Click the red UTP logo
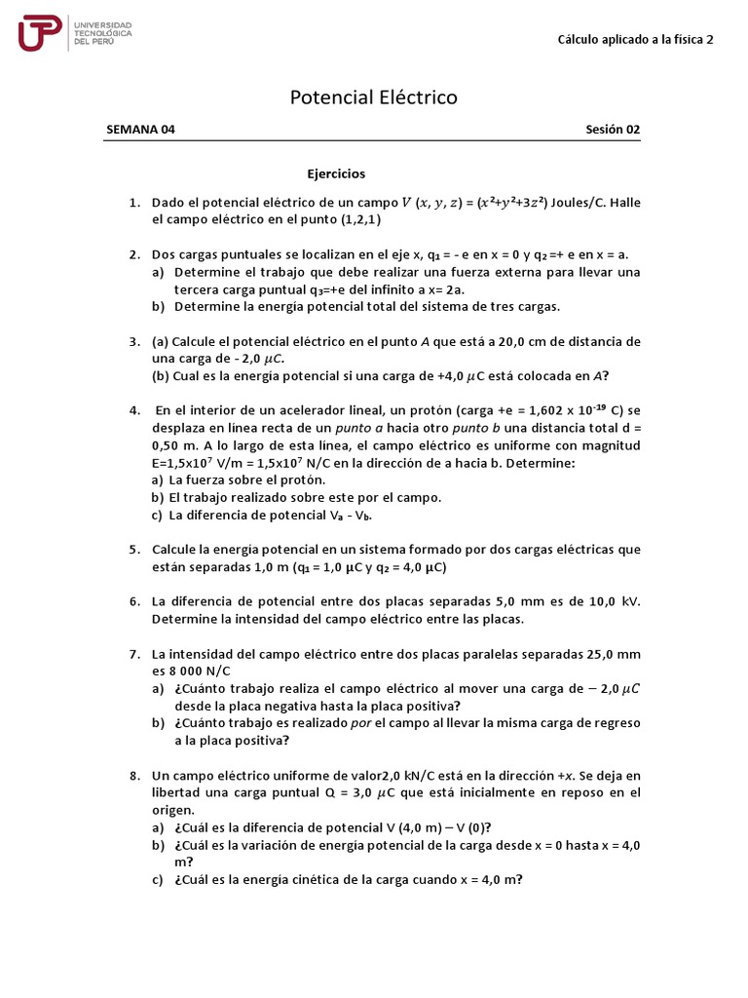40,33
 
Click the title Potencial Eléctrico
374,97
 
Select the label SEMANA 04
140,130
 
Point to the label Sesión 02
613,130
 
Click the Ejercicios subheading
336,173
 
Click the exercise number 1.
133,203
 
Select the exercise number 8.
133,776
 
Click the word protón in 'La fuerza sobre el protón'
303,480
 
